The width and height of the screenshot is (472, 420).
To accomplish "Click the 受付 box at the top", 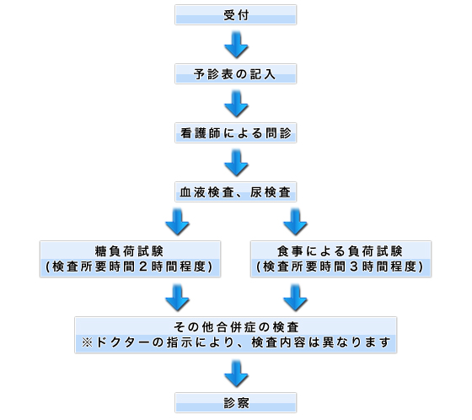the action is (x=236, y=15).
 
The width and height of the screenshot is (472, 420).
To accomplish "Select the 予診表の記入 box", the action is (x=236, y=74).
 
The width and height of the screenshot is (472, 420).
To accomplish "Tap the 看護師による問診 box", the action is (x=236, y=133).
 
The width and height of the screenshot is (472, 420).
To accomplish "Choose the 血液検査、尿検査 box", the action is (x=236, y=192).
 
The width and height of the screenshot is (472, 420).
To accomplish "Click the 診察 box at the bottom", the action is (x=236, y=403).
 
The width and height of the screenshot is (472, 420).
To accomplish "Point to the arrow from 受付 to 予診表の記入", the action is (x=236, y=45).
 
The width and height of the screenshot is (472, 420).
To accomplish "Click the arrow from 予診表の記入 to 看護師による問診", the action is (x=236, y=104).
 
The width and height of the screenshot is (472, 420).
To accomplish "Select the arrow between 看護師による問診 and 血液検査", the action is (x=236, y=163).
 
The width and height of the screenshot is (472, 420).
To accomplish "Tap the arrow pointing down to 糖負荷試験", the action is (x=177, y=222).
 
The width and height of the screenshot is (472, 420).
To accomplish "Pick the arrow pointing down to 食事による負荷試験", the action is (x=295, y=222).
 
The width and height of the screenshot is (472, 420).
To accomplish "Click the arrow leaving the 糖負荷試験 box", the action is (x=177, y=298).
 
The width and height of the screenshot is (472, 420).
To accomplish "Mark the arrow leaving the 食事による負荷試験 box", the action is (x=295, y=298).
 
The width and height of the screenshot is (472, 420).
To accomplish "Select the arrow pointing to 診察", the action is (x=236, y=374).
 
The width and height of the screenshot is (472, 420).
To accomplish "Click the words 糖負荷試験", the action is (x=129, y=251).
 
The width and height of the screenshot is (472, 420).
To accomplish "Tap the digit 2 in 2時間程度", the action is (x=143, y=267).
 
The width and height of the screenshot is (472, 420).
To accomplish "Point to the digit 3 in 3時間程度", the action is (x=354, y=267).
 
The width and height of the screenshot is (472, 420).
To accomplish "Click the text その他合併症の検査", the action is (x=236, y=327).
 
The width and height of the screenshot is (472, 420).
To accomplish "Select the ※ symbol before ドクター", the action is (x=88, y=342).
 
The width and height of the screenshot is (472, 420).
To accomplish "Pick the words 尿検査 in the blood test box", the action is (x=271, y=192).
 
